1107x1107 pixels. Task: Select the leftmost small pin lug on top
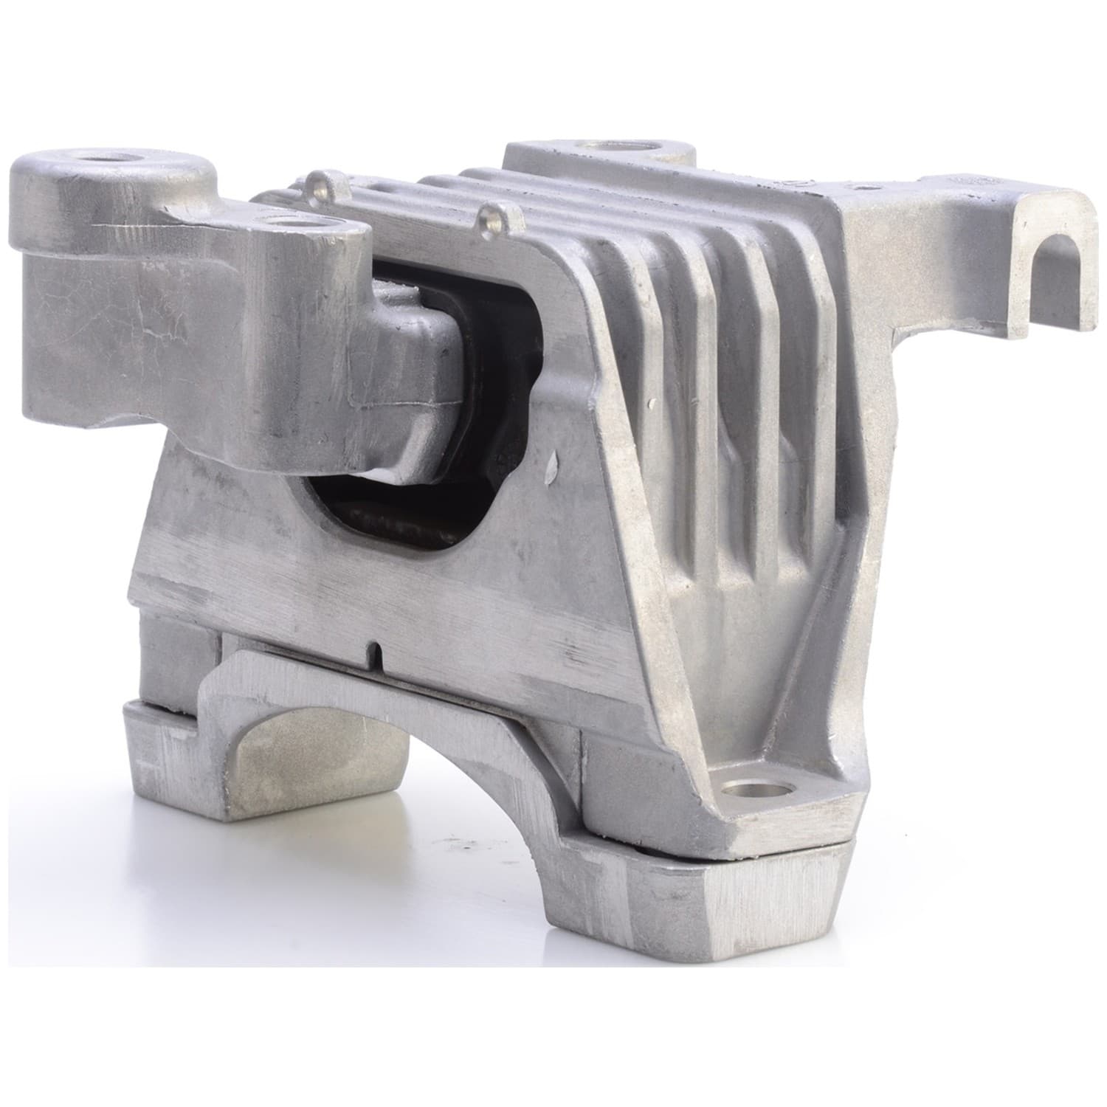point(318,180)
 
